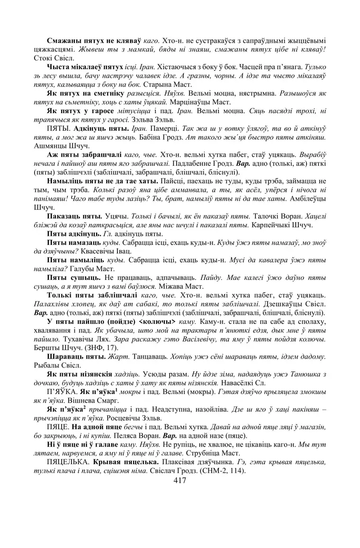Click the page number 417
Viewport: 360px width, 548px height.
[180, 481]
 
